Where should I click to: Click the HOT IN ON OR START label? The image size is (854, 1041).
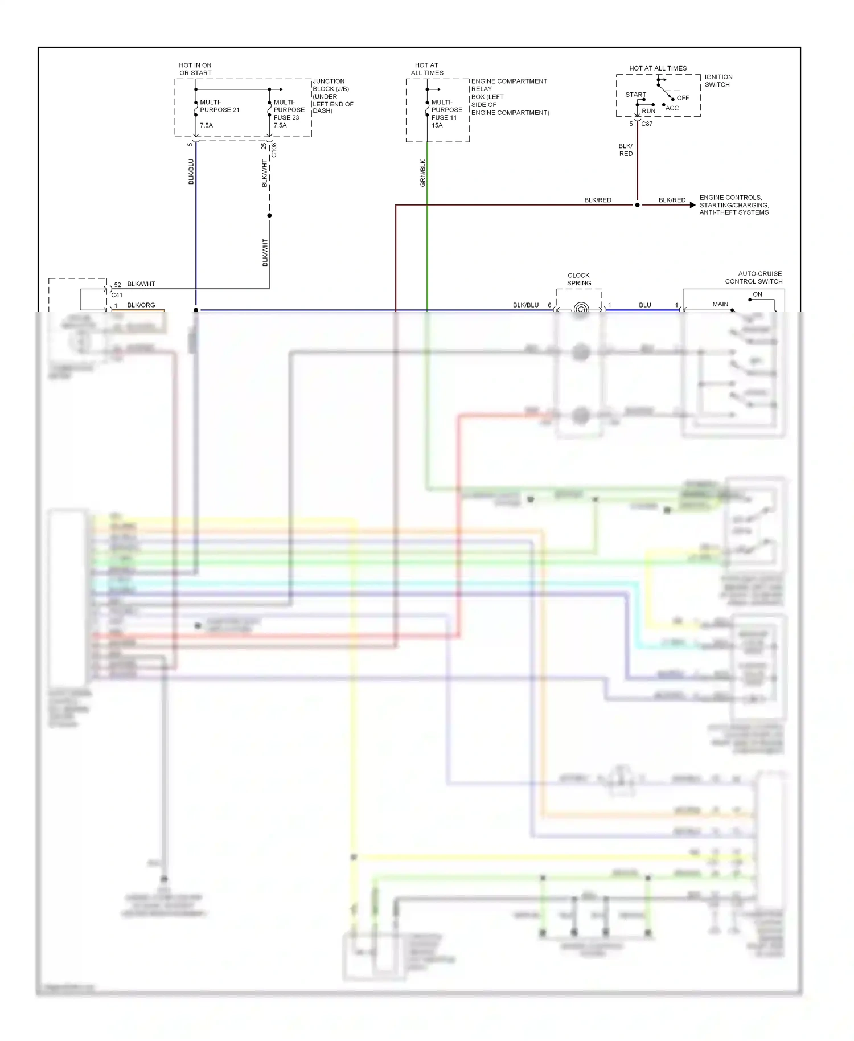[x=195, y=69]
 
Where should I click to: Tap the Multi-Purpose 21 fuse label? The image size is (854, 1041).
[x=219, y=106]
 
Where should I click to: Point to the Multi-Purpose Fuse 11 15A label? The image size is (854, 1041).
[x=446, y=114]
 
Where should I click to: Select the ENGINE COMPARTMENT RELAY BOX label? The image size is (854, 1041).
[x=510, y=97]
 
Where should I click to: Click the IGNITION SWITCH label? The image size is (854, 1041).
[x=718, y=80]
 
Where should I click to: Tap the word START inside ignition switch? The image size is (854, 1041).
[x=635, y=95]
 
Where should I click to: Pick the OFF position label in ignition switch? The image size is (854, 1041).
[x=683, y=98]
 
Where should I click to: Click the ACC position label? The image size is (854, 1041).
[x=672, y=108]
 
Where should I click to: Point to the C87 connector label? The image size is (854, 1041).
[x=647, y=124]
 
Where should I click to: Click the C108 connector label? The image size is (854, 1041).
[x=274, y=150]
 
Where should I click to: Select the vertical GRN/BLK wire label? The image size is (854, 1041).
[x=422, y=173]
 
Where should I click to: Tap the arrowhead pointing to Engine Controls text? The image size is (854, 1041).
[x=692, y=205]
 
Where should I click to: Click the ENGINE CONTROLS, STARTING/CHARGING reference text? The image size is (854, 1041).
[x=734, y=205]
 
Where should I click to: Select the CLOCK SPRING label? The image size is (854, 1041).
[x=579, y=279]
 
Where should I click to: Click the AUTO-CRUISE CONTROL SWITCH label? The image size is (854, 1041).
[x=753, y=277]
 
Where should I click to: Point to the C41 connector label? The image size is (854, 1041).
[x=117, y=295]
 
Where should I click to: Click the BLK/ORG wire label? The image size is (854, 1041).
[x=141, y=305]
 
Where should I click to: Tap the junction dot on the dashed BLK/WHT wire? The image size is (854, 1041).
[x=269, y=215]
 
